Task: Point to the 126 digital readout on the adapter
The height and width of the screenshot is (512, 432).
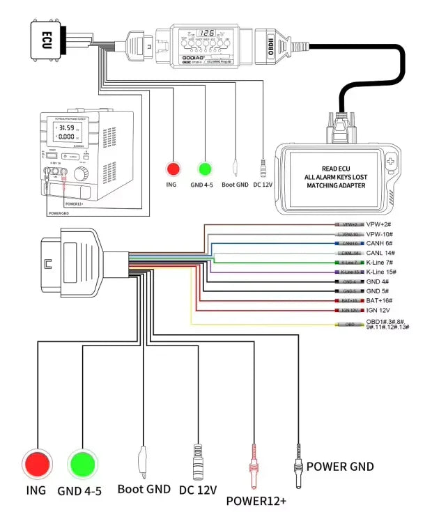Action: [x=206, y=33]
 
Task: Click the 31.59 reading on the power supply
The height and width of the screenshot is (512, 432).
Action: [x=65, y=128]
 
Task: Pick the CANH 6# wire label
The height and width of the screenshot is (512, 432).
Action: [x=379, y=243]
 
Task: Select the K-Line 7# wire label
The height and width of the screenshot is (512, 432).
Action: [x=382, y=262]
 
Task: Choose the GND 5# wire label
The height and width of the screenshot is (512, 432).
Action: [x=378, y=290]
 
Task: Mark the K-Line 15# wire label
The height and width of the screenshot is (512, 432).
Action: [x=383, y=271]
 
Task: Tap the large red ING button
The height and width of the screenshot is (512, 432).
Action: [x=37, y=463]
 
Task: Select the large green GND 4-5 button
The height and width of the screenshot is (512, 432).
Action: [x=82, y=463]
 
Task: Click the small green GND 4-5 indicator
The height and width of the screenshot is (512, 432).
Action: [x=204, y=168]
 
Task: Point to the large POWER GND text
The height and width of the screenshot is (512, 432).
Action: [x=340, y=466]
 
